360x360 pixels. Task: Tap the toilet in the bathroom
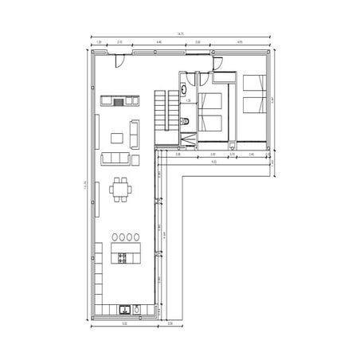186,121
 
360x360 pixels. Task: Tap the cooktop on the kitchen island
122,256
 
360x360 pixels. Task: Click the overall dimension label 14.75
181,34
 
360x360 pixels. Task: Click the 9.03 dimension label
215,162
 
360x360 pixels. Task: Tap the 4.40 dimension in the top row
159,41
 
